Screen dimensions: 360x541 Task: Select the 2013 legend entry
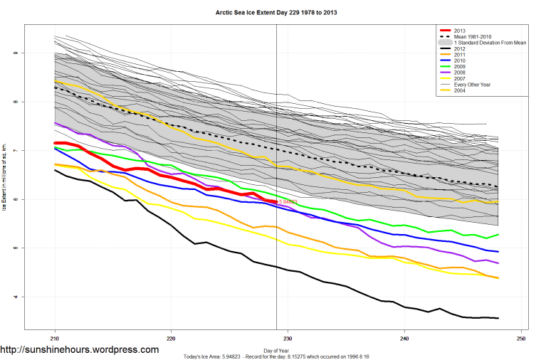click(x=461, y=31)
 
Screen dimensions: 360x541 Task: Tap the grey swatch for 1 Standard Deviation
click(x=443, y=43)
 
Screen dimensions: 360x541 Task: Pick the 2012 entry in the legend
click(x=461, y=49)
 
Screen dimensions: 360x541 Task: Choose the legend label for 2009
click(x=461, y=67)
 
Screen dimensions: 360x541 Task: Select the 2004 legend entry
click(x=461, y=90)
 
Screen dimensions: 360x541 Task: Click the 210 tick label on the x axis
click(x=55, y=339)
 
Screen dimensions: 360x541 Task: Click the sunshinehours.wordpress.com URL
click(x=80, y=350)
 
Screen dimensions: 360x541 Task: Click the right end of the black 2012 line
click(x=498, y=318)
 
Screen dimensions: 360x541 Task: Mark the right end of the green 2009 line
click(x=498, y=235)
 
